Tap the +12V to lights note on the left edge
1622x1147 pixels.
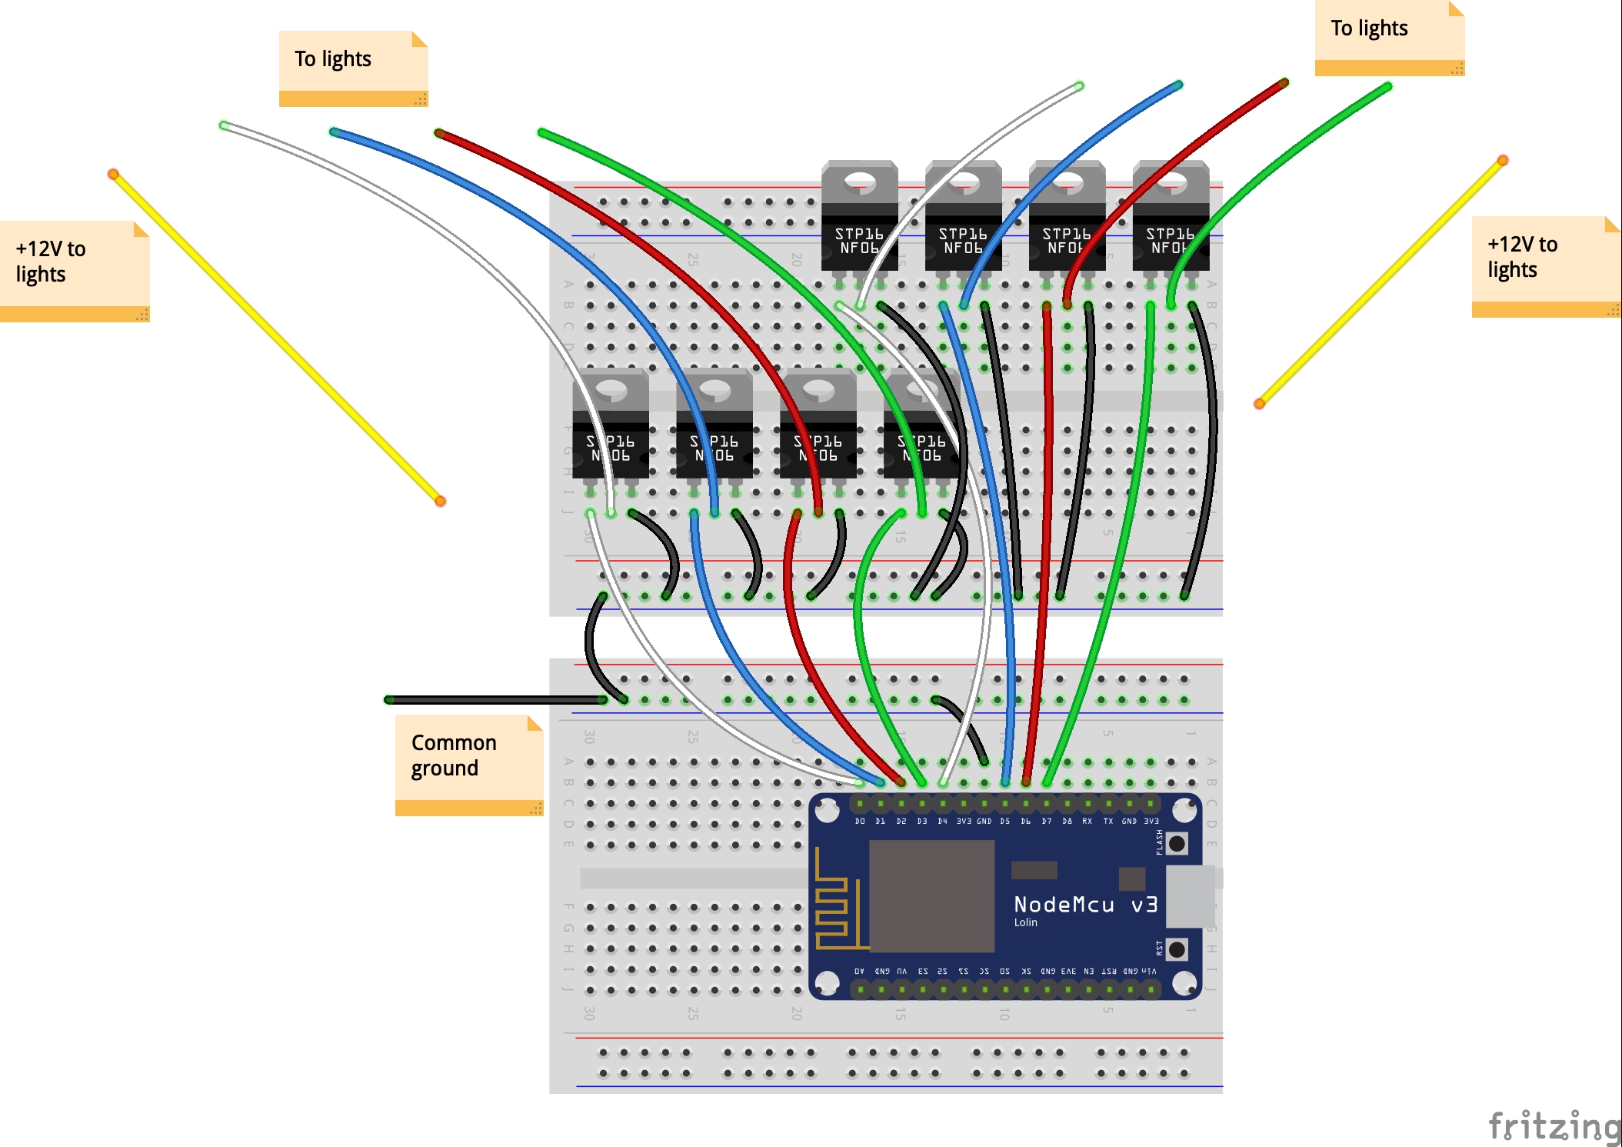click(x=74, y=270)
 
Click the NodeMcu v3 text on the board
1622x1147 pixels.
click(x=1085, y=905)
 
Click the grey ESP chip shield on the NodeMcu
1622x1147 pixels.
click(x=931, y=895)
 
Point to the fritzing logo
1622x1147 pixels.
click(x=1554, y=1126)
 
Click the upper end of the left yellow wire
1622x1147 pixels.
click(x=113, y=175)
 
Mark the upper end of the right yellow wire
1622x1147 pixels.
click(x=1502, y=161)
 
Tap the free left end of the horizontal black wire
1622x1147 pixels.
click(x=389, y=700)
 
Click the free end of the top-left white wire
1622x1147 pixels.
click(x=224, y=125)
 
